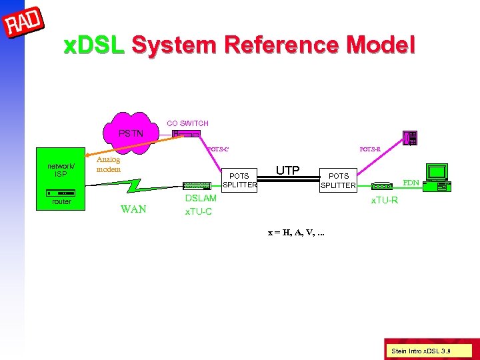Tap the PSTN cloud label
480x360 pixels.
click(130, 133)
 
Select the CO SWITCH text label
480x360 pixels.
click(187, 123)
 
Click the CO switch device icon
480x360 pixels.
click(186, 135)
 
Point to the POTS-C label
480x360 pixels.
click(218, 149)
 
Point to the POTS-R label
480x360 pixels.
click(369, 149)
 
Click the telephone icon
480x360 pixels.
click(411, 138)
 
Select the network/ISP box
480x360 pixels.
click(61, 170)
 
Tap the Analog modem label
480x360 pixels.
click(109, 165)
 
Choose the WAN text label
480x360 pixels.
click(133, 210)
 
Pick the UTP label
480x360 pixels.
click(287, 170)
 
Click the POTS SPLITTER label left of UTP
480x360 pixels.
click(239, 181)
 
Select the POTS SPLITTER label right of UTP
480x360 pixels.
click(338, 181)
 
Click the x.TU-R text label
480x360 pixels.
click(385, 200)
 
